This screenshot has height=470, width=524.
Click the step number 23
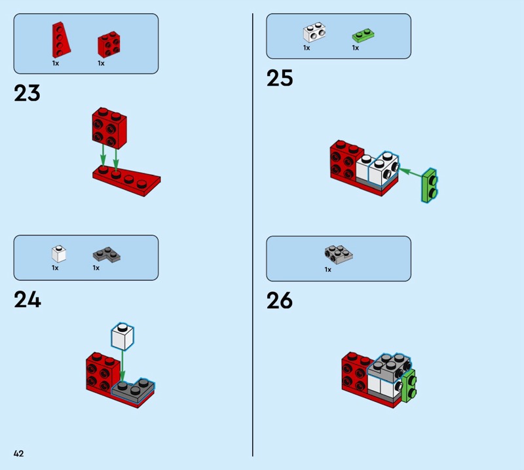click(27, 93)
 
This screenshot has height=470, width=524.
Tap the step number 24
click(28, 299)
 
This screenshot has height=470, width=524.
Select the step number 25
click(280, 78)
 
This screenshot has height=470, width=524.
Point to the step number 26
click(280, 300)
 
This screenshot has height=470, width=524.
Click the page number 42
click(19, 453)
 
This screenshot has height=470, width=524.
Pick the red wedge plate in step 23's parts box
click(60, 40)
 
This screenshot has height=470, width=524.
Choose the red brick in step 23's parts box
click(109, 45)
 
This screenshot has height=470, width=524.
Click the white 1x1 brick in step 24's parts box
click(59, 254)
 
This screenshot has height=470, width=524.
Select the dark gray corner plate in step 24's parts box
click(107, 255)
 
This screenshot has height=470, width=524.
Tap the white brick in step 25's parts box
click(314, 32)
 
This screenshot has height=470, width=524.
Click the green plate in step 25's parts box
click(363, 35)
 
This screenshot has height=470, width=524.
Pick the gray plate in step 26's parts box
click(339, 255)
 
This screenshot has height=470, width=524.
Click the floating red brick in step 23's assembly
click(109, 128)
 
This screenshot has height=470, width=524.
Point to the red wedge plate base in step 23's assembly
click(127, 181)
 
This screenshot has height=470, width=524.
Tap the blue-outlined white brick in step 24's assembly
click(122, 336)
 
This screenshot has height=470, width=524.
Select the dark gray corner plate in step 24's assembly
click(134, 391)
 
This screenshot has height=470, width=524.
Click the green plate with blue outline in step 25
click(430, 186)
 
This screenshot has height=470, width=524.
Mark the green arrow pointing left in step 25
click(411, 172)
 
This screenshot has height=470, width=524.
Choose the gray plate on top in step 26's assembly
click(389, 367)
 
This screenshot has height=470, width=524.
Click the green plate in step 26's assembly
click(409, 386)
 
